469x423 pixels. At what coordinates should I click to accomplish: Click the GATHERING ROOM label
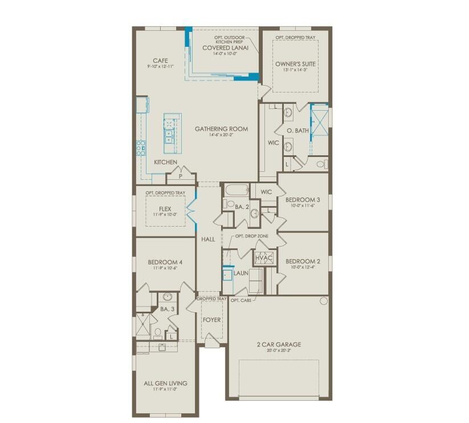221,129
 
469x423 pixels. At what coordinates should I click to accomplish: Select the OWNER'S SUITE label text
295,64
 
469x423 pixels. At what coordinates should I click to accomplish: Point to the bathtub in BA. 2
236,191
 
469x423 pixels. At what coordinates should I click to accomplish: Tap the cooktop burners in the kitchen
140,148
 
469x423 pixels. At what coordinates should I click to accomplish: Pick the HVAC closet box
264,258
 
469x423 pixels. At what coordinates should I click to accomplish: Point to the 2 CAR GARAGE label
279,344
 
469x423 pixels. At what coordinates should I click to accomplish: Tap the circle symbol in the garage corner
323,301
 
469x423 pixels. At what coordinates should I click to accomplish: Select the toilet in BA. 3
157,332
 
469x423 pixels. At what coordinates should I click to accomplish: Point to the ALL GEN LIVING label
165,383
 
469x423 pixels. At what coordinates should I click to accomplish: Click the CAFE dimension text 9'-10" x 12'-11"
159,67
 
